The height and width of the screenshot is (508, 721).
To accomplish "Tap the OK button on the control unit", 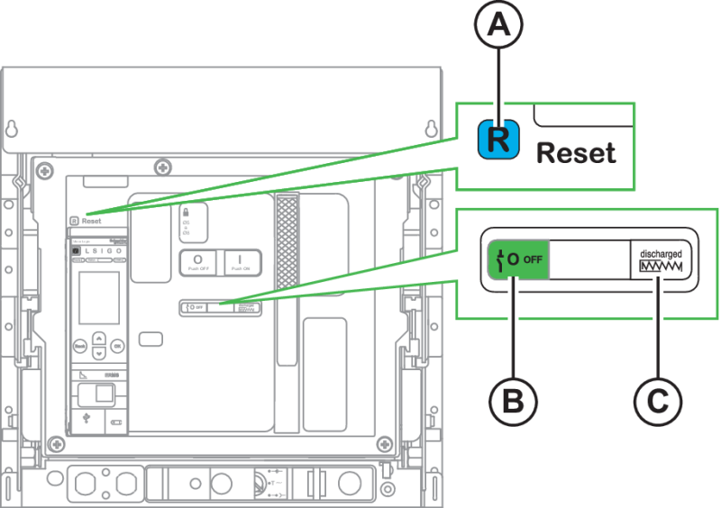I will click(117, 345).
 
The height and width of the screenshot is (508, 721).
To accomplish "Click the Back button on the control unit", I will click(79, 345).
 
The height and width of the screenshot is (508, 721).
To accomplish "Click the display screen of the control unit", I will click(97, 297).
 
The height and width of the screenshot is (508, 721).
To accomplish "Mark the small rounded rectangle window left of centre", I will click(151, 339).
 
